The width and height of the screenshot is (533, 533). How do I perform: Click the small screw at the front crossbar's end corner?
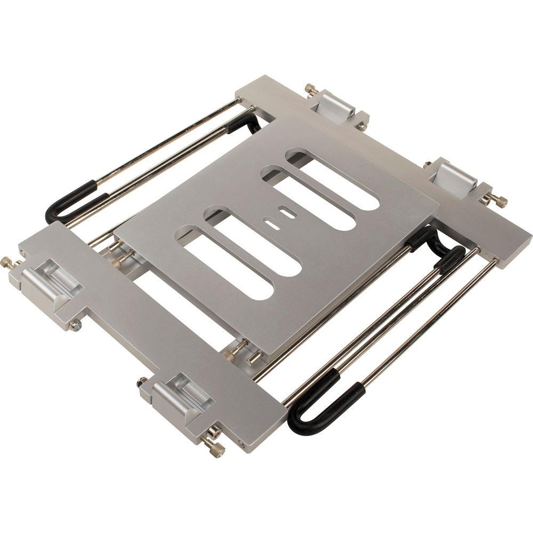click(243, 443)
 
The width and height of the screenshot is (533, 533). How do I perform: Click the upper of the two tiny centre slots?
click(288, 213)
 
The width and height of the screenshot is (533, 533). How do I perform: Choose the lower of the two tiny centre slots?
click(272, 225)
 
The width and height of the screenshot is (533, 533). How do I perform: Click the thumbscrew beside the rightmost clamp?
click(496, 200)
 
